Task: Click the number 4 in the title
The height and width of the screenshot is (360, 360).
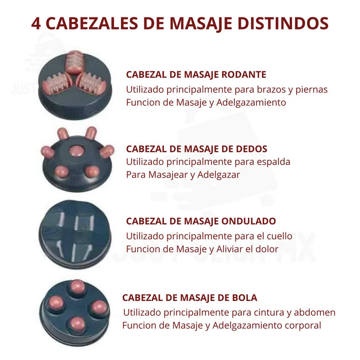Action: point(37,23)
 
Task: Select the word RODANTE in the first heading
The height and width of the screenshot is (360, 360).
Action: point(247,75)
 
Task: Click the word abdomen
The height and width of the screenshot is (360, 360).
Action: point(316,312)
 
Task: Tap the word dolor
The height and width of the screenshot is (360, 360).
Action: point(268,248)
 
